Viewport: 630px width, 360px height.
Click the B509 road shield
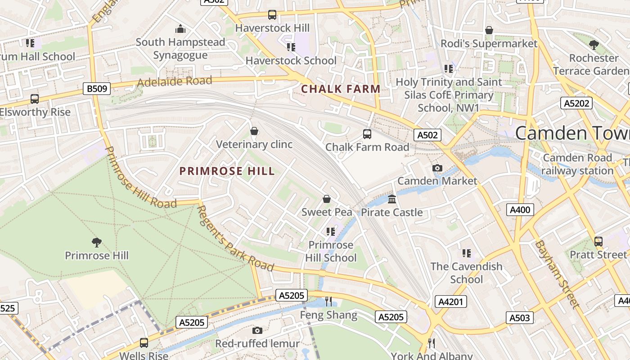point(97,89)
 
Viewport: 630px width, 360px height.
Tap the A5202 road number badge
point(576,103)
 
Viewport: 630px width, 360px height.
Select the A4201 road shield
point(450,301)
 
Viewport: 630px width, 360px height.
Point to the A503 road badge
point(519,318)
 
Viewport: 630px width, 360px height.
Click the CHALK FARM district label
point(341,89)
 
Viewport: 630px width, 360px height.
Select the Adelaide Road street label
point(174,81)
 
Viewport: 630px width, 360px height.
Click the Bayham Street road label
point(556,274)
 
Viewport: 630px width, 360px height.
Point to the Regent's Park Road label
point(235,238)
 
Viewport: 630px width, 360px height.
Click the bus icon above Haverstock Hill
point(272,15)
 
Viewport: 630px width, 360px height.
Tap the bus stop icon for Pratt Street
point(598,242)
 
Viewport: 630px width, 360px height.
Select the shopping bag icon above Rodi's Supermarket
point(489,30)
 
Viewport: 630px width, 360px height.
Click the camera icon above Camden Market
point(437,168)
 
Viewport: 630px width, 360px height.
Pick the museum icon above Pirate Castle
point(392,199)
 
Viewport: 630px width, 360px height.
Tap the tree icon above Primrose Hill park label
point(96,243)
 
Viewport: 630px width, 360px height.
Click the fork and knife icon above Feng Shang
point(328,301)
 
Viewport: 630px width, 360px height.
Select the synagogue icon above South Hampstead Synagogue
point(180,29)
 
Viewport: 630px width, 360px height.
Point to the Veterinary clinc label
point(254,144)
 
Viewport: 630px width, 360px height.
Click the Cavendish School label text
point(466,273)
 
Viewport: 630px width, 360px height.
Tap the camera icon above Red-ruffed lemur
point(257,331)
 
